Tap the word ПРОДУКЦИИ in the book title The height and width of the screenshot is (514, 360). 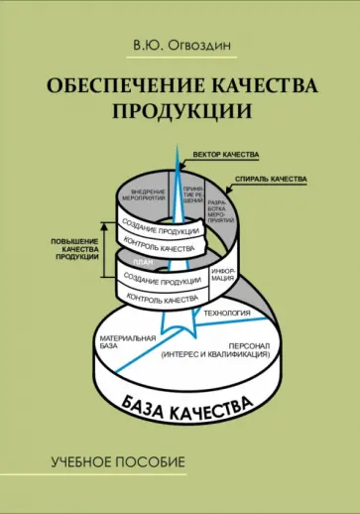click(x=180, y=111)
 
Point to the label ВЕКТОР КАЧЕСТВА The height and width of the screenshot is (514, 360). click(x=225, y=155)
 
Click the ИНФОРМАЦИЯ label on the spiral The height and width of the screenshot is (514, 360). click(x=222, y=272)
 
